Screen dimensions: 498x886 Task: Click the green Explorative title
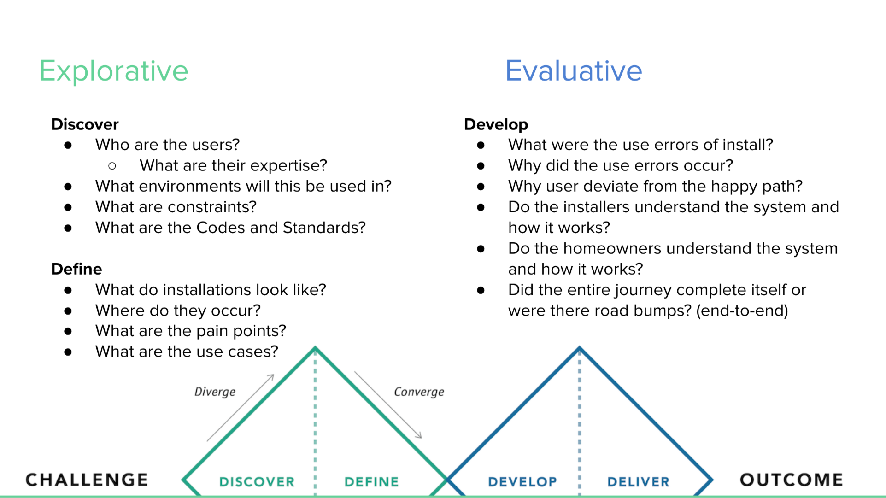(113, 71)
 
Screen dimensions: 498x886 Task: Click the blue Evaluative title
(573, 71)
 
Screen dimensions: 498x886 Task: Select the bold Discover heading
(85, 124)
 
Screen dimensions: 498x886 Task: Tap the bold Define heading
(76, 269)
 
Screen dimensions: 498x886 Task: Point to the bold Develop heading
(496, 124)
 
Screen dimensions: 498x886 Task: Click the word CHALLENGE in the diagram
(87, 480)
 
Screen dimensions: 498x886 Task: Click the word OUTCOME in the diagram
(791, 480)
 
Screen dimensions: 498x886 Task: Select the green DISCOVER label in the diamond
(257, 482)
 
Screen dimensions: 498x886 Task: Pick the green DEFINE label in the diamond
(371, 482)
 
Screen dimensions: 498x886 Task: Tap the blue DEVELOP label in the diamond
(522, 482)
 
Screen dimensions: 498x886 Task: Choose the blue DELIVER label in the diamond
(638, 482)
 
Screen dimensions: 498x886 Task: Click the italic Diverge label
(215, 392)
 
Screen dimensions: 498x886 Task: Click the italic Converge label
(419, 392)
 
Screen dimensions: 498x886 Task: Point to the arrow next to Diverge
(241, 408)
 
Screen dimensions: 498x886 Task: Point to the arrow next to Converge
(388, 404)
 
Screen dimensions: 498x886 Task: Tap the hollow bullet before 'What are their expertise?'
(112, 166)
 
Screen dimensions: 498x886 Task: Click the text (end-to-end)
(742, 311)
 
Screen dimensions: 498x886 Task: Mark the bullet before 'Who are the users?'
(68, 145)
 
